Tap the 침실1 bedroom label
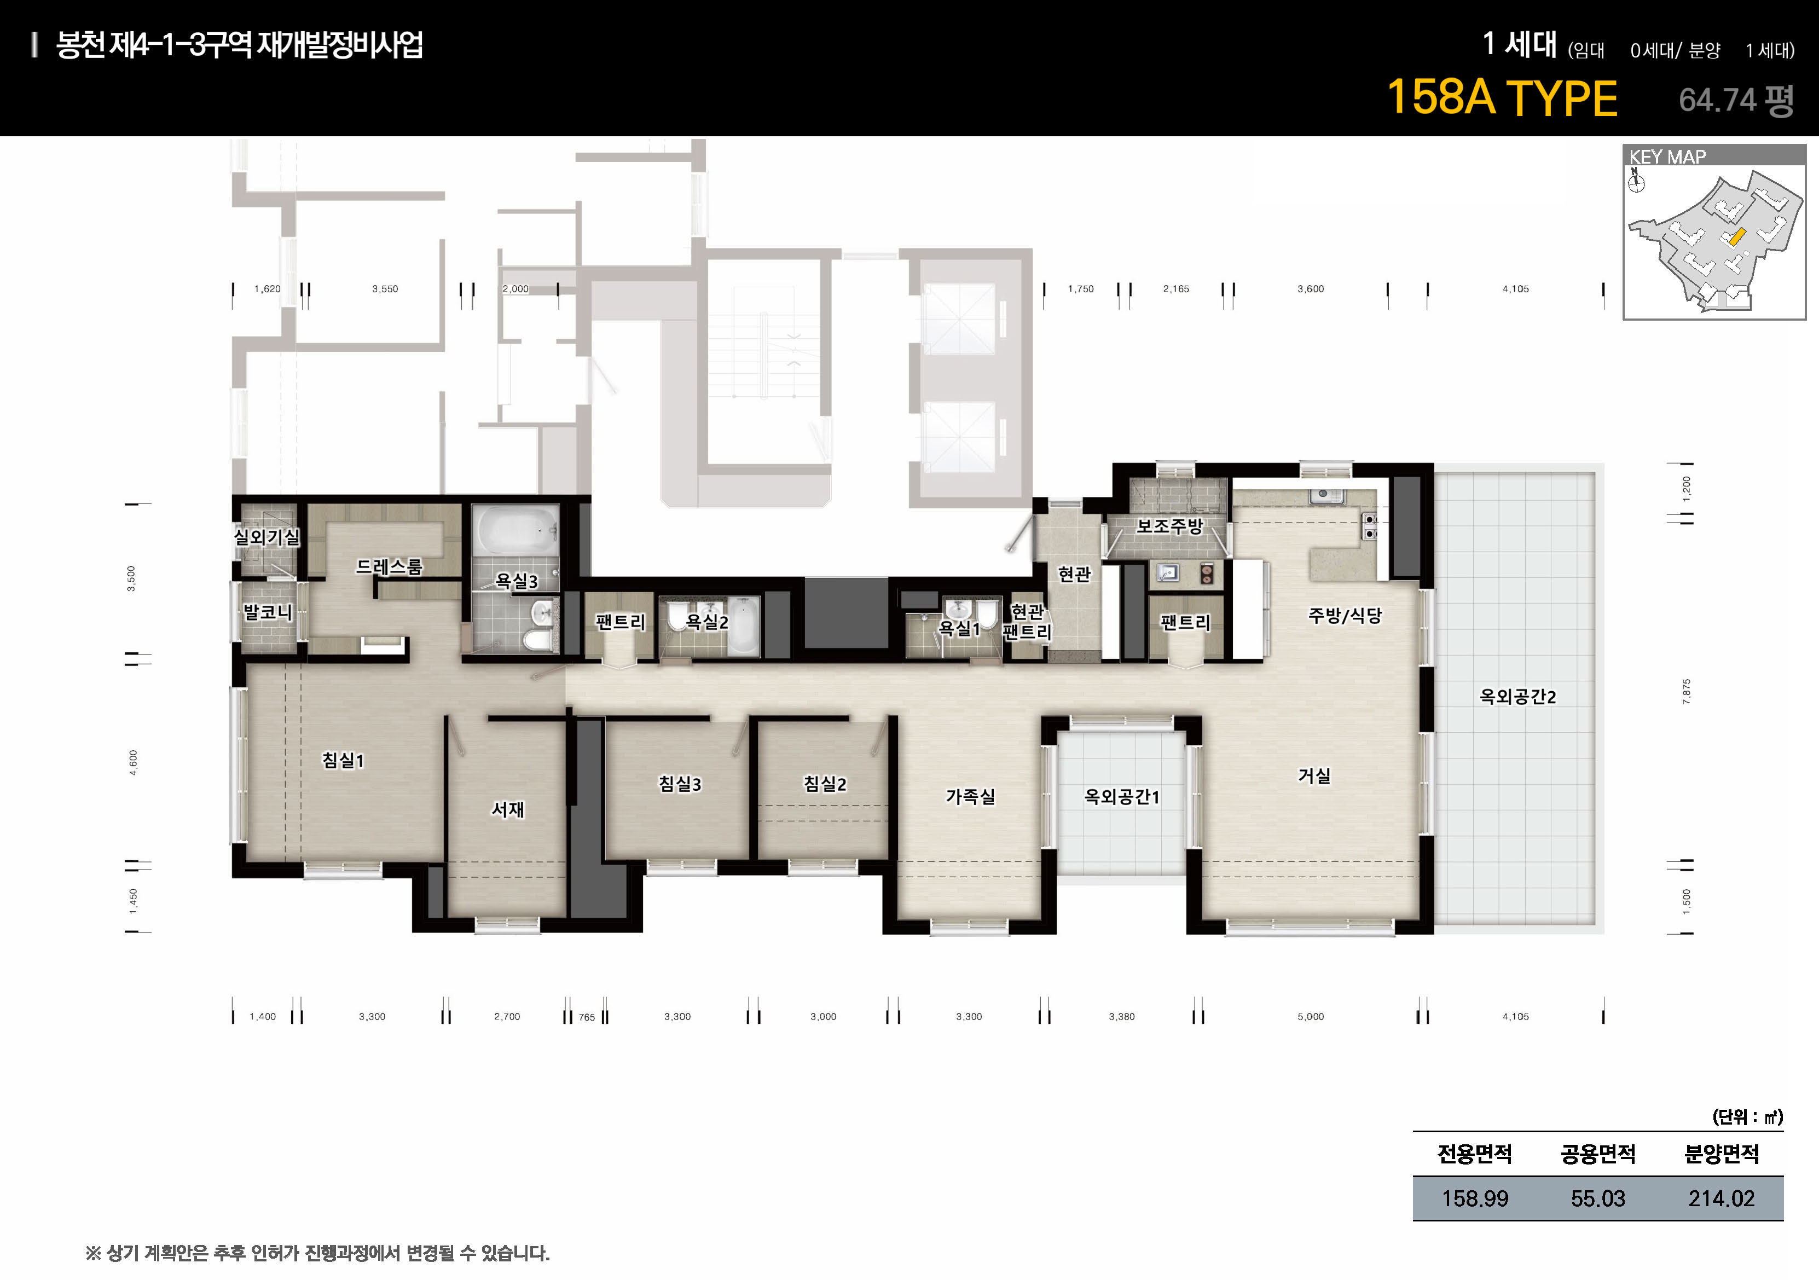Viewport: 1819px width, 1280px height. (343, 761)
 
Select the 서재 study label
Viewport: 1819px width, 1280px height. (508, 809)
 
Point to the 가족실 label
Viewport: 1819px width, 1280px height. (970, 796)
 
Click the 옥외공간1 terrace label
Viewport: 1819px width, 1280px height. (1122, 797)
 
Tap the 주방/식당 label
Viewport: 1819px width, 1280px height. (1345, 616)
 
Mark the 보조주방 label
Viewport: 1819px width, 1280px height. (1169, 526)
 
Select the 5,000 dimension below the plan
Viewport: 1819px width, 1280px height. (1311, 1016)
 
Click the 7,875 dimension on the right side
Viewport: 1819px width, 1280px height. (1686, 692)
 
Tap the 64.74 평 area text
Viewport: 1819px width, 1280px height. (1736, 100)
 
